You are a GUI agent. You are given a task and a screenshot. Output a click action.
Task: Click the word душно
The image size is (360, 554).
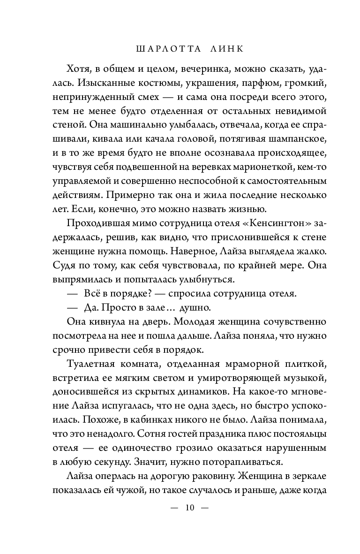point(197,309)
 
